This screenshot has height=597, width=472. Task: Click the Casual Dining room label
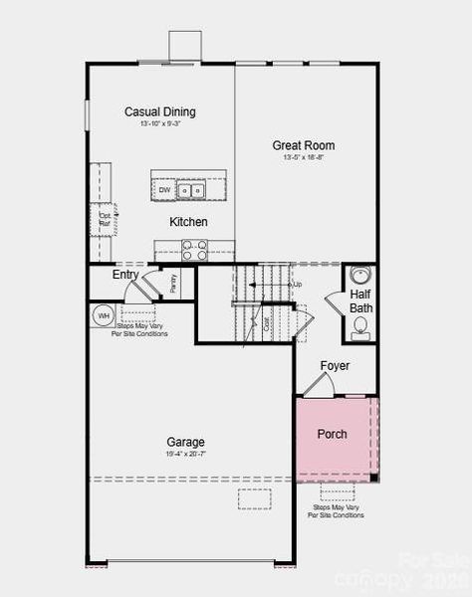160,111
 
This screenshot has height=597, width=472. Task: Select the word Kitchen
188,222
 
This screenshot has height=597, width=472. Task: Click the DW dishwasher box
164,189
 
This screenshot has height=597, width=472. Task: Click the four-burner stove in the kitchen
194,250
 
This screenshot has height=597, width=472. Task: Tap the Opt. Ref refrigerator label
105,217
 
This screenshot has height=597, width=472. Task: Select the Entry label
125,275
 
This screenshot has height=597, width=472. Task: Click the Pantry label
172,283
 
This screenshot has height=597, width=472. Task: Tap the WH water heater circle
103,316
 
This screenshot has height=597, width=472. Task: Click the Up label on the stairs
296,285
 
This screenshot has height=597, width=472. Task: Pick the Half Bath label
360,301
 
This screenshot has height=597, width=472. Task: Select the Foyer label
335,366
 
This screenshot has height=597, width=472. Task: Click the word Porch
333,435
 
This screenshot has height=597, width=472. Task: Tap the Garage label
186,442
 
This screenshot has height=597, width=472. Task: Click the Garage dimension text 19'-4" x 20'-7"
186,454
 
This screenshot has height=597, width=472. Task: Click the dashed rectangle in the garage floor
254,498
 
